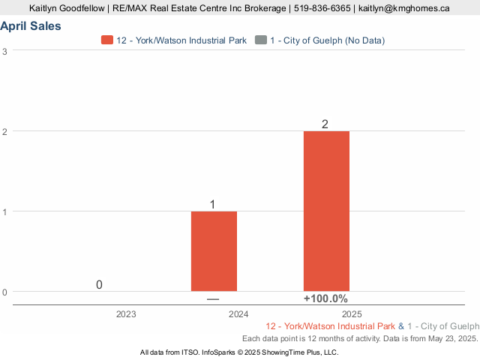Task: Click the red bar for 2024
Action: pos(214,251)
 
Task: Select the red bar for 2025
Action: pos(326,211)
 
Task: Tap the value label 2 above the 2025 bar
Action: pos(325,124)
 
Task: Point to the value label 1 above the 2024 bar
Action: pos(213,204)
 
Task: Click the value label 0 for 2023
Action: pos(99,285)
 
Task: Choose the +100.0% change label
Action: pos(325,298)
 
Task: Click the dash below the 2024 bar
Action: pos(213,299)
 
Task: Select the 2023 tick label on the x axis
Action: pos(126,314)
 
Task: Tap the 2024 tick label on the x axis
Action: pos(238,314)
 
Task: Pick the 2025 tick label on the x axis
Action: pos(351,314)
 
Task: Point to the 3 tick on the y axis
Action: pos(5,51)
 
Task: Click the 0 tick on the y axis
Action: pos(5,292)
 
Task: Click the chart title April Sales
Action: pos(31,26)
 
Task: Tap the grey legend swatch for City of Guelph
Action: pos(260,40)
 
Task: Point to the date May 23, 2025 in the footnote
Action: pos(448,339)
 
